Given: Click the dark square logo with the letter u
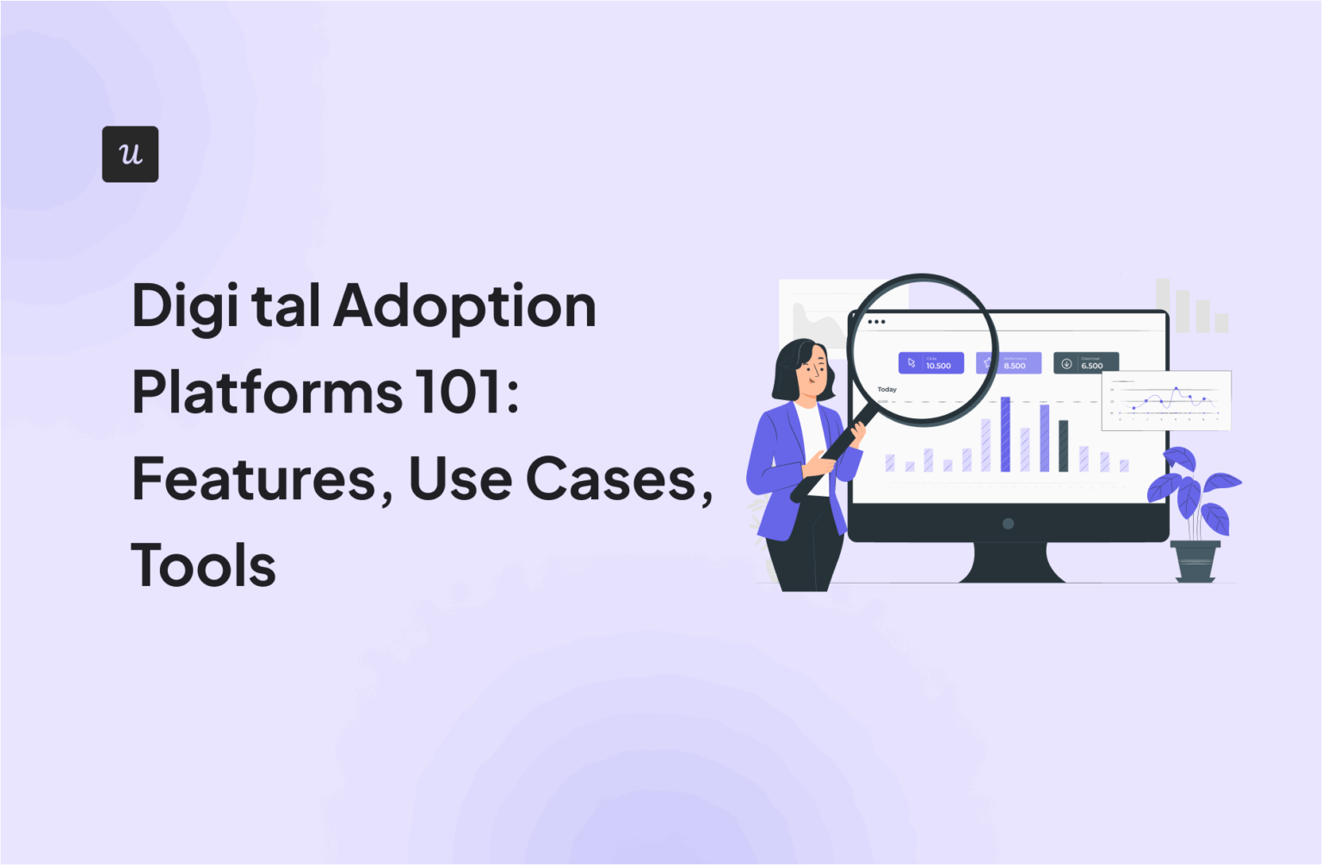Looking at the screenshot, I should (x=130, y=154).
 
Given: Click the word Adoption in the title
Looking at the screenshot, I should (x=465, y=307).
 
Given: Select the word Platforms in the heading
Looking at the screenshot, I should (x=267, y=393).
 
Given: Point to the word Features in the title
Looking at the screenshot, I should (x=255, y=479).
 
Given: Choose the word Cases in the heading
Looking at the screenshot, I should (x=611, y=479).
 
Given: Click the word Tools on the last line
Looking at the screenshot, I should (x=204, y=566).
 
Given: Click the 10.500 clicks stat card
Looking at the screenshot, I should (x=930, y=363).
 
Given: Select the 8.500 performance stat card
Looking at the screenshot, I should (x=1009, y=363).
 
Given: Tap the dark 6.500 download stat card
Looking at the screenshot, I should (x=1085, y=363).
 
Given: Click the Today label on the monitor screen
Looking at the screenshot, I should (x=886, y=390).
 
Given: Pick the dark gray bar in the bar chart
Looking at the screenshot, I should (x=1063, y=446).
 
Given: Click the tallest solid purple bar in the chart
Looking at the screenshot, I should (x=1005, y=435).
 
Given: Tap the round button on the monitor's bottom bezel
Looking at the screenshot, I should (x=1008, y=523).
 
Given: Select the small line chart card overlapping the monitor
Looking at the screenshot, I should (x=1165, y=400).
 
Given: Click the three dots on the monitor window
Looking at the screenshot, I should (x=876, y=322).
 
